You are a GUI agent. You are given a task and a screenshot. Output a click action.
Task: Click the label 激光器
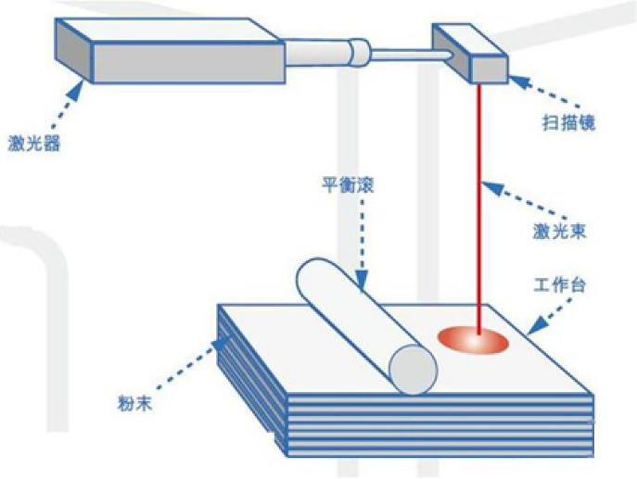[35, 144]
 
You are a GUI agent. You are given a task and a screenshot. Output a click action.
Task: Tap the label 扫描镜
[566, 122]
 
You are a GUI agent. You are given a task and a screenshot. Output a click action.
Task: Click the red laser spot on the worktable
[473, 340]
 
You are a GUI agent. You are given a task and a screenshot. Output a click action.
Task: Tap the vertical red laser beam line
[479, 204]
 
